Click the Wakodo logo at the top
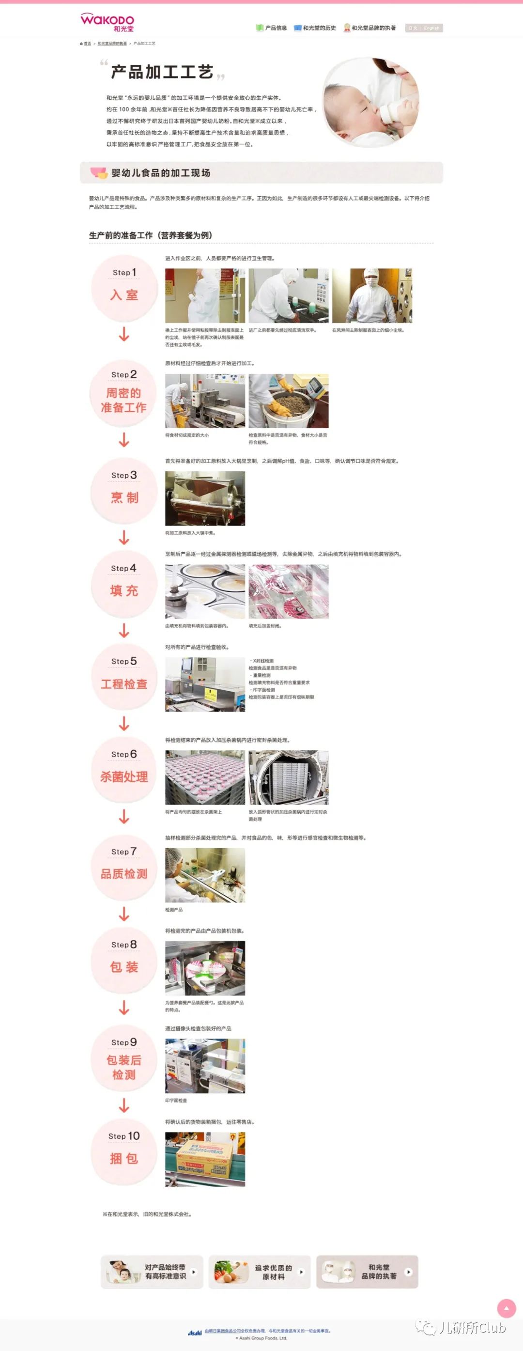point(108,22)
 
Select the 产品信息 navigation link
point(272,28)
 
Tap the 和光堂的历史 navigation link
point(315,28)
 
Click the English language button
point(431,28)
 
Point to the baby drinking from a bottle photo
point(370,102)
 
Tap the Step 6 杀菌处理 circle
point(124,770)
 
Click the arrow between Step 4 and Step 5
point(124,630)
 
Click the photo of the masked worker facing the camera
point(371,296)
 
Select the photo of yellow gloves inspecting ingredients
point(288,401)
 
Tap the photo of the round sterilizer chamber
point(288,777)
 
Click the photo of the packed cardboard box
point(205,1159)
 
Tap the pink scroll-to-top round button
point(506,1308)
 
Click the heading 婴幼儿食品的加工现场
point(160,173)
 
